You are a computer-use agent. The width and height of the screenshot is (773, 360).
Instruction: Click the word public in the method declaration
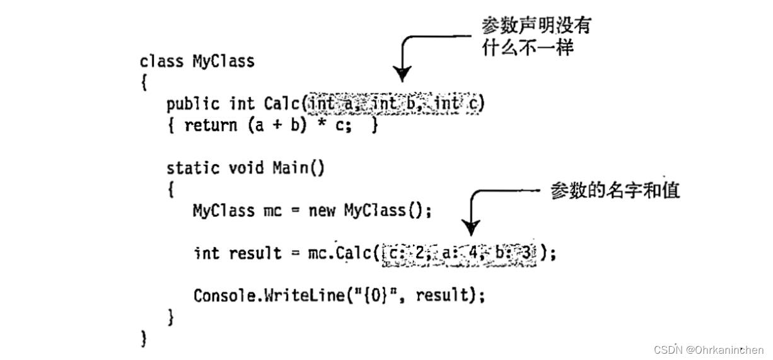(x=193, y=103)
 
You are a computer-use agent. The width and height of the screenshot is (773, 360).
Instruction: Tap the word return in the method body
(x=211, y=125)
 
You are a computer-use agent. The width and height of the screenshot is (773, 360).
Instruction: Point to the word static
(x=193, y=168)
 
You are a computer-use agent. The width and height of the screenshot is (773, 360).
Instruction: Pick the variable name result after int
(x=255, y=253)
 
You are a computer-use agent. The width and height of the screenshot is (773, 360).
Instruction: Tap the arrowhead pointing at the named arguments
(x=470, y=227)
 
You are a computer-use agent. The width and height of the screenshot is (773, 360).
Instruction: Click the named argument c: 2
(x=404, y=253)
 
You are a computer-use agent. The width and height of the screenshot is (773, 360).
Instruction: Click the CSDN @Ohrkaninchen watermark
(x=709, y=349)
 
